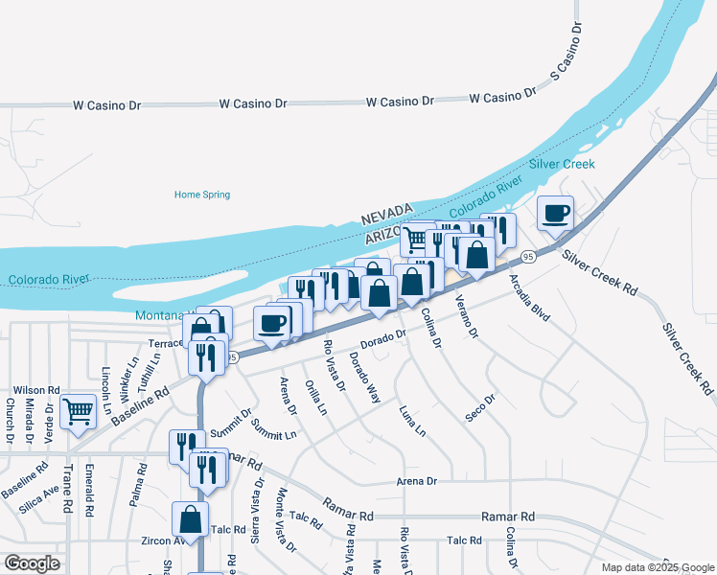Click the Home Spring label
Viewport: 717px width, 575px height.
pos(202,195)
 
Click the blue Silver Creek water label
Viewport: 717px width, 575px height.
pos(568,164)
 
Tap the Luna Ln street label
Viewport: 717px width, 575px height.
pos(413,421)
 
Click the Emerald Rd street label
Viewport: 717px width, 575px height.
pos(88,490)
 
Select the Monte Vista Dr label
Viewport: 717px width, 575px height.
pos(286,519)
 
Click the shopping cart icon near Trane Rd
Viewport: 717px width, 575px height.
pos(79,413)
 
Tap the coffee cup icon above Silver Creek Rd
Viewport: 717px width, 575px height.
pos(555,214)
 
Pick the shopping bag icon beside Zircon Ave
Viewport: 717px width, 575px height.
pos(191,519)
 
